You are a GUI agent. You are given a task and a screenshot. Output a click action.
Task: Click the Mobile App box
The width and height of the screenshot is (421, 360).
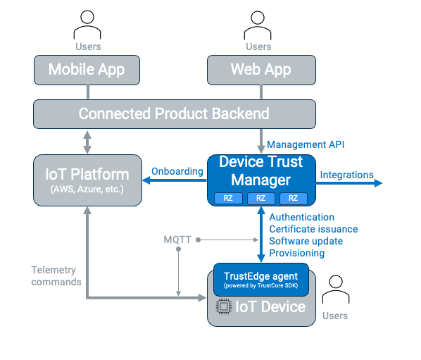pos(87,70)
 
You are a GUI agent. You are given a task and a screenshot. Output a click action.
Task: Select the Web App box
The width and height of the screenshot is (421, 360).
pos(261,70)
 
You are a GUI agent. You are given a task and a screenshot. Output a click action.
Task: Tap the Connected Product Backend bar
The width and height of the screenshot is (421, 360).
pos(174,113)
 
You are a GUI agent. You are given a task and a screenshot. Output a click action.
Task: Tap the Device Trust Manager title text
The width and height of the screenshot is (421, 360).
pos(260,170)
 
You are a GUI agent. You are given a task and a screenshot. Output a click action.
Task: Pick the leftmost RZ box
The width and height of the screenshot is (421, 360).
pos(228,198)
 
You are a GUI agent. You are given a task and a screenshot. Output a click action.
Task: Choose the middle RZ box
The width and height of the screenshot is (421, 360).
pos(260,198)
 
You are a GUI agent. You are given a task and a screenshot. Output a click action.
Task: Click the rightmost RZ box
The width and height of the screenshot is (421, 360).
pos(293,198)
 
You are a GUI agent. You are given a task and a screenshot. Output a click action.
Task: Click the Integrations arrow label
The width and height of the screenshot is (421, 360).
pos(346,174)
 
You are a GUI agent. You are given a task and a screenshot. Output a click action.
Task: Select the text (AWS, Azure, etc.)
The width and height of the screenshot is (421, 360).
pos(87,189)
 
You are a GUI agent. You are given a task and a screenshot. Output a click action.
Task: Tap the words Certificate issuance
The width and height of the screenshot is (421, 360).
pos(313,229)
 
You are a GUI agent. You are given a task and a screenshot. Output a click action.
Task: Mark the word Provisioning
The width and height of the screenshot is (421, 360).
pos(296,253)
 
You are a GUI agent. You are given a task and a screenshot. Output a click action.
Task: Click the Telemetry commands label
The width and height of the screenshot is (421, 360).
pos(56,276)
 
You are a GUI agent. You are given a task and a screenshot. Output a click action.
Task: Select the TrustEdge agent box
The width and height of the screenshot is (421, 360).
pos(260,280)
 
